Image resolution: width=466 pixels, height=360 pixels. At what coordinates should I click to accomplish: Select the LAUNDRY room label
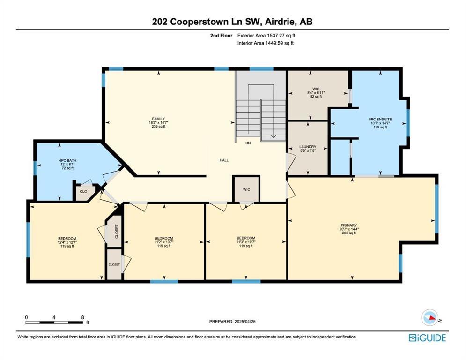[308, 147]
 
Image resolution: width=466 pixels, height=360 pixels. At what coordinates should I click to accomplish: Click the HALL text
[224, 160]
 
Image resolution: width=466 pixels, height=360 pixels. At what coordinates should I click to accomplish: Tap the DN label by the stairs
[248, 143]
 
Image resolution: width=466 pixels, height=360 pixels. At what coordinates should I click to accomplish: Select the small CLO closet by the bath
[83, 191]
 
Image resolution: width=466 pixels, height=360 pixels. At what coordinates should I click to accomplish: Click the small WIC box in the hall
[246, 189]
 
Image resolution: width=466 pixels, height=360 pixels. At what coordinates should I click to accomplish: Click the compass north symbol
[429, 318]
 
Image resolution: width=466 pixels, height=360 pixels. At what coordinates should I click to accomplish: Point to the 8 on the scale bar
[82, 317]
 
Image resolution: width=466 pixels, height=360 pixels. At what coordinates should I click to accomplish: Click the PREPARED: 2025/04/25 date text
[232, 322]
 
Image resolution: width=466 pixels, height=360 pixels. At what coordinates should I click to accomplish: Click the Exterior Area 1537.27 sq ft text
[266, 35]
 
